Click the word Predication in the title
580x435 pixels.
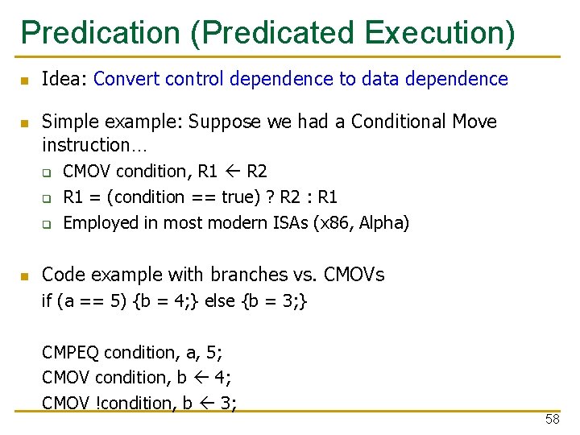[101, 33]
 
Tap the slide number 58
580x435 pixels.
[552, 420]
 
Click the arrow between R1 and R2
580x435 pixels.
[231, 172]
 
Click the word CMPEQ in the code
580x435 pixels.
[71, 353]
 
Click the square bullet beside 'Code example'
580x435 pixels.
[25, 276]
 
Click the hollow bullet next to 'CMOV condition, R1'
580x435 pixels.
[47, 172]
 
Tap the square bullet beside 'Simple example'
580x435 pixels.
[25, 123]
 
